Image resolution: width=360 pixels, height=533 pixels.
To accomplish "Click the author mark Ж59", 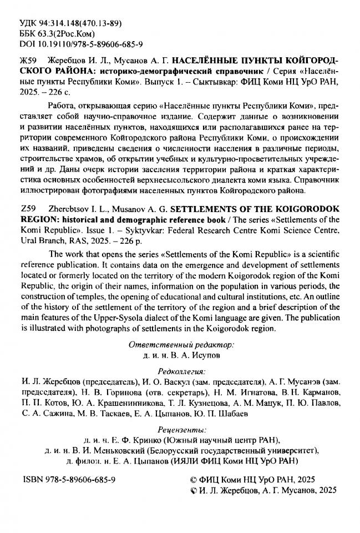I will [x=29, y=61].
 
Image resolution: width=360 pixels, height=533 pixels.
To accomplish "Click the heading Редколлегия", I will [x=181, y=371].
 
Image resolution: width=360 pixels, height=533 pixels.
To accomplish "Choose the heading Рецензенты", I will [x=181, y=429].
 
